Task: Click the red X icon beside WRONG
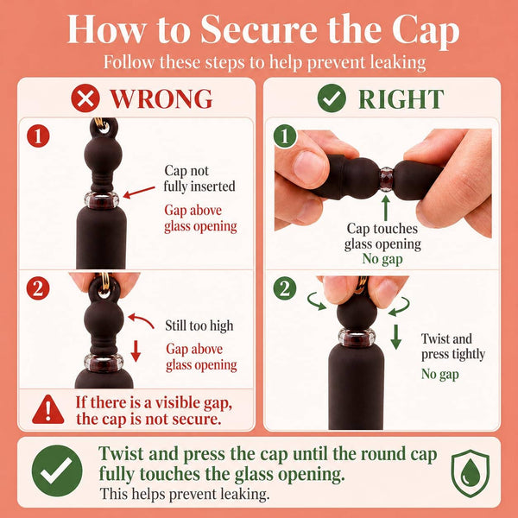[85, 98]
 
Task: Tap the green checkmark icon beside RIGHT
[332, 98]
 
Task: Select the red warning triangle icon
[48, 410]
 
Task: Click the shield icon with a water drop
[471, 473]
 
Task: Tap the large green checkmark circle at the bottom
[57, 471]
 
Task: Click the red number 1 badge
[38, 136]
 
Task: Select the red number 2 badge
[38, 288]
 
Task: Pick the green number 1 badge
[285, 136]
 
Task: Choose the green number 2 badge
[285, 288]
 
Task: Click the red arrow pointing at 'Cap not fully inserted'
[139, 193]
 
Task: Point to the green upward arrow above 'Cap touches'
[386, 208]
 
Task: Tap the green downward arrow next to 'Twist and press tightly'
[395, 337]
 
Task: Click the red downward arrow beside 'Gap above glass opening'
[136, 351]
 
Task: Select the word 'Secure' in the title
[258, 29]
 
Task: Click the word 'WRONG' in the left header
[161, 98]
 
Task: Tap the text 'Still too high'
[199, 325]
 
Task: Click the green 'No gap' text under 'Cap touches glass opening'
[382, 259]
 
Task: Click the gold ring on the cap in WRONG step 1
[101, 125]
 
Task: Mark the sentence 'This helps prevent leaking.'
[185, 494]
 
